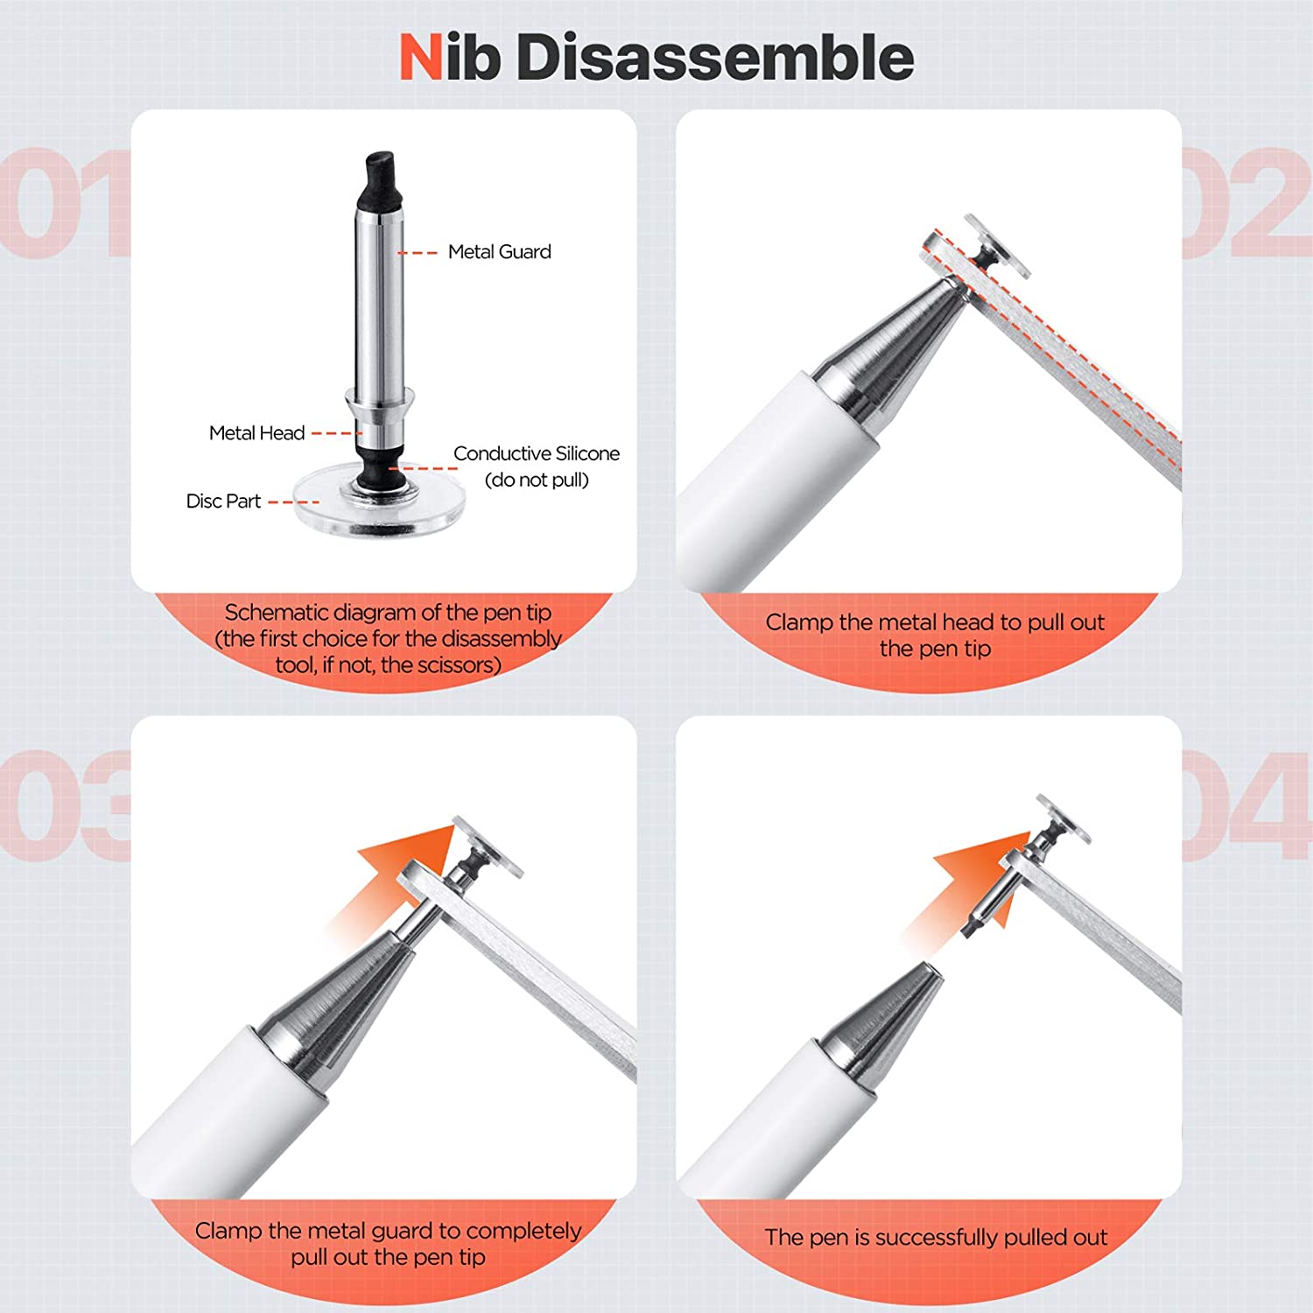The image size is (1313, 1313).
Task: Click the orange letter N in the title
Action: click(421, 58)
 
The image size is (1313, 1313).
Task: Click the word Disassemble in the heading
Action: click(715, 58)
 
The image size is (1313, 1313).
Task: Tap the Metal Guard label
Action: click(499, 252)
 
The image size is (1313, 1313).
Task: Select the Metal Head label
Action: click(256, 433)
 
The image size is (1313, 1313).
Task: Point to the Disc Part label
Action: click(223, 502)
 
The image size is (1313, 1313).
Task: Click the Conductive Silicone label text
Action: click(536, 453)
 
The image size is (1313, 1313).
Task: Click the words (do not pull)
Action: click(536, 480)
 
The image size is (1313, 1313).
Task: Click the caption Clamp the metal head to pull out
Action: click(934, 622)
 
